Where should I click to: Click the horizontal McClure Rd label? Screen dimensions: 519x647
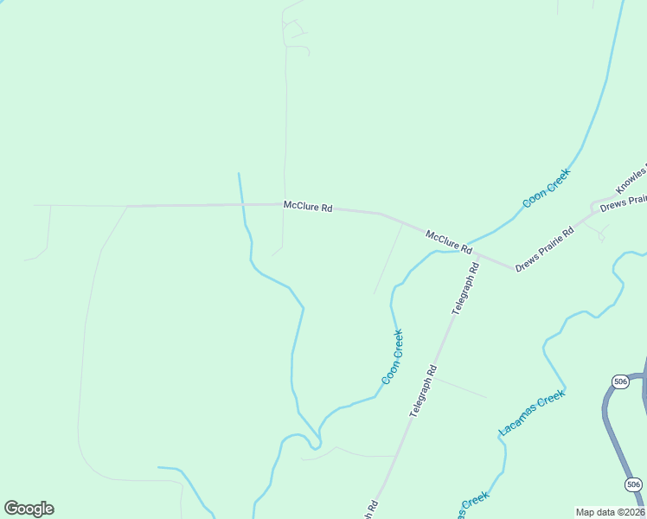click(308, 207)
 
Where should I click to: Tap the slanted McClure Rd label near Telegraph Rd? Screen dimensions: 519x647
click(448, 241)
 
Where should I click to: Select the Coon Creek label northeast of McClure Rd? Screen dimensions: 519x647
click(547, 188)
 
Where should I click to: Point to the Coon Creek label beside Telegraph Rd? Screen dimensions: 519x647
click(393, 356)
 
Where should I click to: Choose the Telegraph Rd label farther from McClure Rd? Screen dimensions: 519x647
click(424, 392)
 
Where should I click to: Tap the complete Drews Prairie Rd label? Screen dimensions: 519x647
click(545, 250)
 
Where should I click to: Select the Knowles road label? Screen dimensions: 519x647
click(631, 178)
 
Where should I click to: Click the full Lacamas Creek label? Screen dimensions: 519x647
click(532, 413)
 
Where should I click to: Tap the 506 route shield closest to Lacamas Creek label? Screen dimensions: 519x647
click(619, 381)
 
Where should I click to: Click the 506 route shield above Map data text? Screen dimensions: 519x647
click(633, 484)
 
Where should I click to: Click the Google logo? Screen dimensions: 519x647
click(29, 509)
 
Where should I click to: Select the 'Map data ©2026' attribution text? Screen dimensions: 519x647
click(610, 512)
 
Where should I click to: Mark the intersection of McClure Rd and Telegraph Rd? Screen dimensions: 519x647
click(478, 255)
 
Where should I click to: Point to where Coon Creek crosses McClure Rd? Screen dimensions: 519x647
click(464, 247)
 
